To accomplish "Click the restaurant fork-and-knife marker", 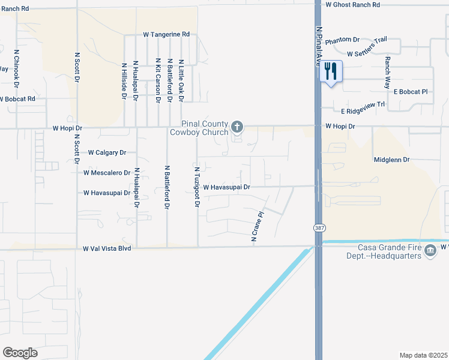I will tap(331, 72).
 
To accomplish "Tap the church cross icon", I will tap(237, 127).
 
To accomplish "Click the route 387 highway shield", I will tap(319, 228).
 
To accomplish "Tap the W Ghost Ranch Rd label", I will tap(353, 4).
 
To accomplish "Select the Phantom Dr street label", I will tap(342, 40).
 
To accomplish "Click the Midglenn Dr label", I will tap(391, 160).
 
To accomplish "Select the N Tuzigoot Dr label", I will tap(196, 187).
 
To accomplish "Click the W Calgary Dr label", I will tap(107, 152).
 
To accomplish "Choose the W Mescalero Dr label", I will tap(107, 173).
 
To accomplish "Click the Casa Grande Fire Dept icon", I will tap(430, 250).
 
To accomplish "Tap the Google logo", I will tap(20, 353).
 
